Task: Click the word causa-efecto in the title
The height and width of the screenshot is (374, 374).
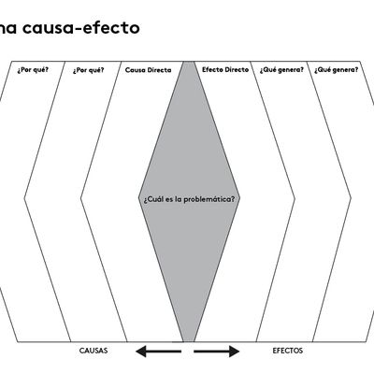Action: [81, 28]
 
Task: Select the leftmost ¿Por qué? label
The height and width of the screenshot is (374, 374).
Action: [33, 69]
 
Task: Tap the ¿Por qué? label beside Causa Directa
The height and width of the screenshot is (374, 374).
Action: [89, 70]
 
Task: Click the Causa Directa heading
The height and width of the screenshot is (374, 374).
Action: [149, 70]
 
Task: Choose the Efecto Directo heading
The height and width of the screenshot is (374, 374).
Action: [225, 69]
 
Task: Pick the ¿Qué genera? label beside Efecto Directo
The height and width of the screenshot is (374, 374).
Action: [281, 70]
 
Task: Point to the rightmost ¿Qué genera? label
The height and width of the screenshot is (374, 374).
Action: [337, 70]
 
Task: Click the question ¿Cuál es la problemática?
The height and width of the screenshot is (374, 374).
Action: [189, 199]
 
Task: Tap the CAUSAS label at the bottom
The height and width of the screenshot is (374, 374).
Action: [93, 351]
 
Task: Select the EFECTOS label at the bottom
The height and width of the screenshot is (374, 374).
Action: [288, 351]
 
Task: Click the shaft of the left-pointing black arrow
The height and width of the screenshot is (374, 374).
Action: [164, 352]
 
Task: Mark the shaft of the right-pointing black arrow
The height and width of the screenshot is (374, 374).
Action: [211, 352]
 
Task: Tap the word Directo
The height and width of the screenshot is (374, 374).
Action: [236, 69]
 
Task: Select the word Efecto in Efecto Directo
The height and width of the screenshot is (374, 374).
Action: [211, 69]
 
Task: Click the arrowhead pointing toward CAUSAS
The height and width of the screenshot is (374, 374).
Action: [141, 352]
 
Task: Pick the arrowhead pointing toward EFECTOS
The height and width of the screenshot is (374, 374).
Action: [235, 352]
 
